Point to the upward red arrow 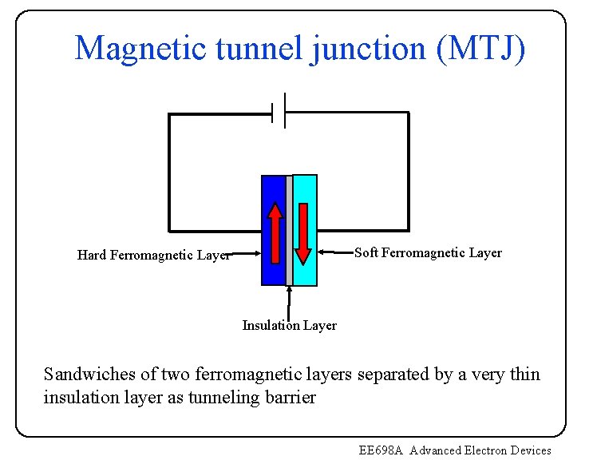pyautogui.click(x=275, y=233)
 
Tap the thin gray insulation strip pyautogui.click(x=289, y=232)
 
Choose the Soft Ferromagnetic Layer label pyautogui.click(x=428, y=253)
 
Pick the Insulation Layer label pyautogui.click(x=289, y=325)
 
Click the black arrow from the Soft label pyautogui.click(x=335, y=252)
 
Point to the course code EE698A pyautogui.click(x=382, y=450)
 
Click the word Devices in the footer pyautogui.click(x=530, y=450)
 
